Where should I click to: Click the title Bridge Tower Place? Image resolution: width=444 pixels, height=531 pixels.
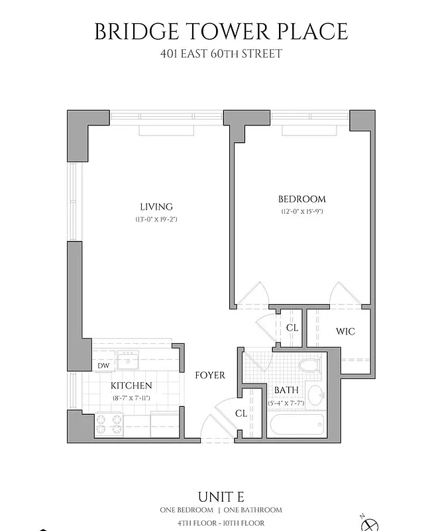pos(221,31)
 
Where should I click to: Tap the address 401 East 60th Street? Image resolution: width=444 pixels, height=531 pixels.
pos(221,53)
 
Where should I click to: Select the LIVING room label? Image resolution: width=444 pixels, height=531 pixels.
pos(156,206)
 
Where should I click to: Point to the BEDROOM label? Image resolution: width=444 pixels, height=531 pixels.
pos(302,199)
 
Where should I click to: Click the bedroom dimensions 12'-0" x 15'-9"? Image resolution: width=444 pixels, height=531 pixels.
pos(302,211)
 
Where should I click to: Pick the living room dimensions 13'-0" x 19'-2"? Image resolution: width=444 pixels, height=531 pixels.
pos(156,218)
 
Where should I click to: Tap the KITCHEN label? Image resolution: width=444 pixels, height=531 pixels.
pos(131,386)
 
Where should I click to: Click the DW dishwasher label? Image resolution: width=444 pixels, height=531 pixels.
pos(103,366)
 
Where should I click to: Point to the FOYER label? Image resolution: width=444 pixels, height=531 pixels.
pos(209,375)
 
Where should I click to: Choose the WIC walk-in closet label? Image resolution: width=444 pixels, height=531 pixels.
pos(345,331)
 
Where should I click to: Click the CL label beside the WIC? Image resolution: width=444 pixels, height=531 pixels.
pos(292,328)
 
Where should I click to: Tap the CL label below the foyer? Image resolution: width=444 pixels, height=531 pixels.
pos(241,413)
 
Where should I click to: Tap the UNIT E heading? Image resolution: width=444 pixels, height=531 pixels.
pos(221,496)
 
